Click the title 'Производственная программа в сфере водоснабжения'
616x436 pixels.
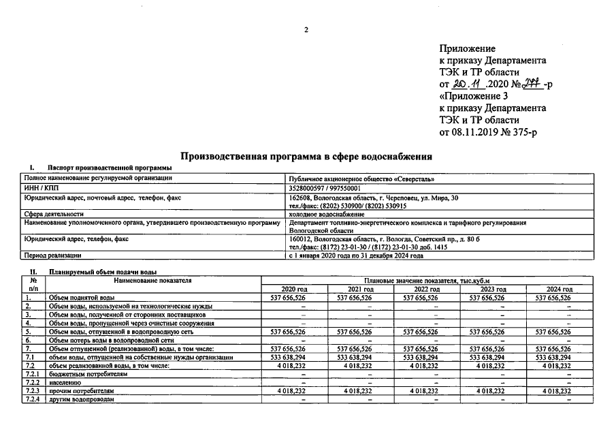point(307,156)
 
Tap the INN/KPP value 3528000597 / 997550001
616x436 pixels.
point(325,189)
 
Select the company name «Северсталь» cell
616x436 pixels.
point(361,179)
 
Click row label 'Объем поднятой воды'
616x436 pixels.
point(81,298)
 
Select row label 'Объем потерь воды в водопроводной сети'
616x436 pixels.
point(112,339)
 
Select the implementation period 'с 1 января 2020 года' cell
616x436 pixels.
point(355,255)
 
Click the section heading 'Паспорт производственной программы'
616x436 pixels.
point(110,168)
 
